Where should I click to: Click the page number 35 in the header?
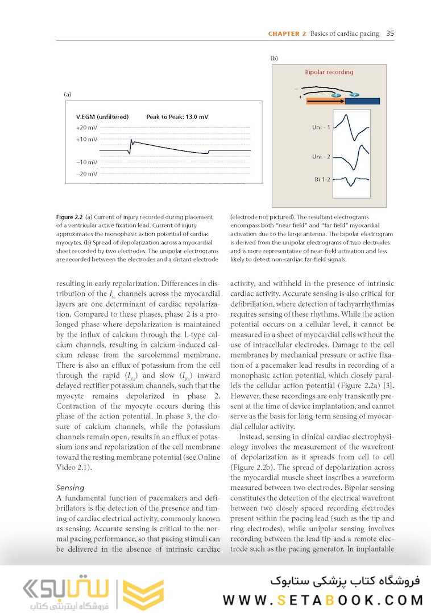coord(390,33)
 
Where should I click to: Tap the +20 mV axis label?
coord(86,128)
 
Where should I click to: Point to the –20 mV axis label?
coord(86,174)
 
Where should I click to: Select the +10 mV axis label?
coord(86,139)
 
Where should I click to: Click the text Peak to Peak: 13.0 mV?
coord(177,117)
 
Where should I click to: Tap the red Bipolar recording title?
coord(329,72)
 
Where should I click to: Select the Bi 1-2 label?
coord(322,179)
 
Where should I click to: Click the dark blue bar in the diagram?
coord(362,101)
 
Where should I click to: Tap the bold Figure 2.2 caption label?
coord(70,217)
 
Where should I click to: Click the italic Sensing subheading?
coord(70,487)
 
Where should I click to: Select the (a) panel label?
coord(67,94)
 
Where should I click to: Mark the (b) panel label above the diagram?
coord(273,58)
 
